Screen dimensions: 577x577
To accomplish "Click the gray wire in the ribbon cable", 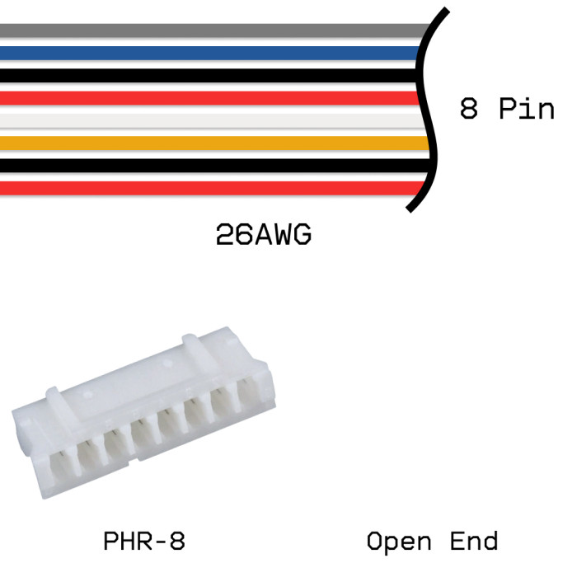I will (x=206, y=31).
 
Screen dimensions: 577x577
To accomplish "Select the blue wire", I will (x=206, y=54).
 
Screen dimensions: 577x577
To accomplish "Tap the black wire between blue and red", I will (x=206, y=76).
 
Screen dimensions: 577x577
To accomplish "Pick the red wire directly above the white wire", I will (x=206, y=98).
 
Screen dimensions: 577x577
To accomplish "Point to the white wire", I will (x=206, y=120).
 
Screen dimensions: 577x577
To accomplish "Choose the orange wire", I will (x=206, y=143).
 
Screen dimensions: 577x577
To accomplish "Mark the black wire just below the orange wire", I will (x=206, y=165).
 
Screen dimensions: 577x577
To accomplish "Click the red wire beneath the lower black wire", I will (x=206, y=187).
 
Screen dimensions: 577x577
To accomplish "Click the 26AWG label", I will (x=264, y=237).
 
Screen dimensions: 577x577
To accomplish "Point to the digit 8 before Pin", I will (x=468, y=109).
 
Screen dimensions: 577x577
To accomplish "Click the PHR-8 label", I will (x=144, y=542).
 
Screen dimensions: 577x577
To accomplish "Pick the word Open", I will (x=399, y=542).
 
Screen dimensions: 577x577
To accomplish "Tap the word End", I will (x=474, y=542).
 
